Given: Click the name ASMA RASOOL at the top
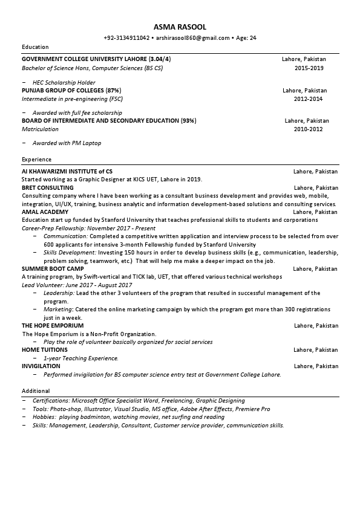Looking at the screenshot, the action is (x=180, y=27).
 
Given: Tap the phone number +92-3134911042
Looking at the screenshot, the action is (x=126, y=37).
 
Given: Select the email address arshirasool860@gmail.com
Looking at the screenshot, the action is (x=192, y=37).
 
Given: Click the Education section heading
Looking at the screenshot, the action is (x=35, y=47).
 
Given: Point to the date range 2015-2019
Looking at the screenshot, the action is (x=309, y=68).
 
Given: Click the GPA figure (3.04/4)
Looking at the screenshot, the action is (x=160, y=59).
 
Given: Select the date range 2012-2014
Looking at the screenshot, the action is (x=309, y=99).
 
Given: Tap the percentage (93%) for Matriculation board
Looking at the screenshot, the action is (x=188, y=121).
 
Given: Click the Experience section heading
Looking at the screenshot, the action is (x=36, y=159).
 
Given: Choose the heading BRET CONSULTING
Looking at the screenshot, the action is (x=48, y=188).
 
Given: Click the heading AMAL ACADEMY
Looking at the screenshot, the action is (x=45, y=212).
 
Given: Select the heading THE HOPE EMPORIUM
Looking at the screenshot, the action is (x=53, y=325).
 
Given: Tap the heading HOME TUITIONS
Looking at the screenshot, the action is (x=45, y=350).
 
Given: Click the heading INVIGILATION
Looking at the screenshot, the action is (x=41, y=366).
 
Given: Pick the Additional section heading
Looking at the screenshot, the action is (x=35, y=391).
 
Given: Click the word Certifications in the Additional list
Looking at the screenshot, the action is (x=51, y=400).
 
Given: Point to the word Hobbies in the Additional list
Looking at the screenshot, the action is (x=44, y=417).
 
